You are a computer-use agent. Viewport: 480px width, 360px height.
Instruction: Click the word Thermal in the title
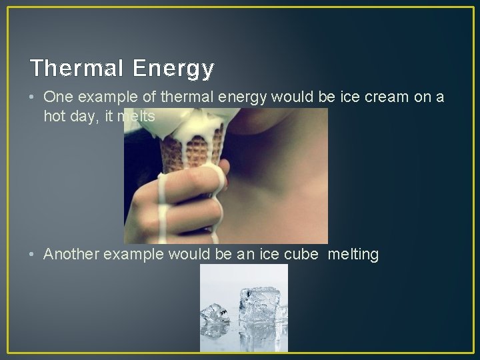pos(75,67)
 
